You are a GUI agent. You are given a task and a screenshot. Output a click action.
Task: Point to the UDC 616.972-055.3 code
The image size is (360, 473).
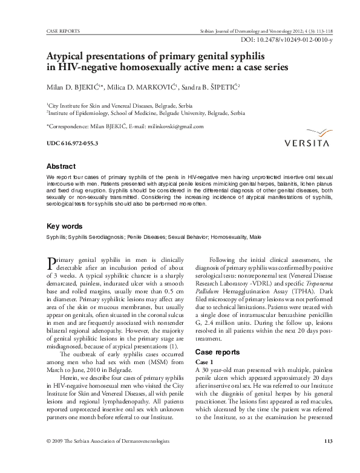(x=72, y=143)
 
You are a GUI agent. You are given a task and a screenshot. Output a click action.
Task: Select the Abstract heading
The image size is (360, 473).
(x=61, y=166)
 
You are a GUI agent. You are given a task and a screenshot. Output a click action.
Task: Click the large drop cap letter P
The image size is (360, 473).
(x=51, y=264)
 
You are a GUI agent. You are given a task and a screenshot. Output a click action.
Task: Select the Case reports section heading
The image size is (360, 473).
(x=221, y=351)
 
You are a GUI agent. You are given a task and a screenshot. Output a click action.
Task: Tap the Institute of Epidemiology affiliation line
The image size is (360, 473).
(x=146, y=113)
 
